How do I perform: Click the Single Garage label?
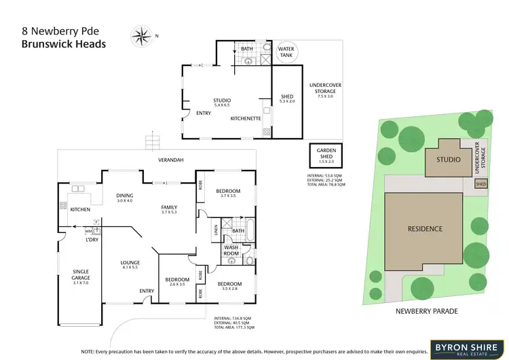[81, 274]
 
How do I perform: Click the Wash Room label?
[232, 251]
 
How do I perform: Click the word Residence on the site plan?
[426, 229]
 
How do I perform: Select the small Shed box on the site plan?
[480, 183]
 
